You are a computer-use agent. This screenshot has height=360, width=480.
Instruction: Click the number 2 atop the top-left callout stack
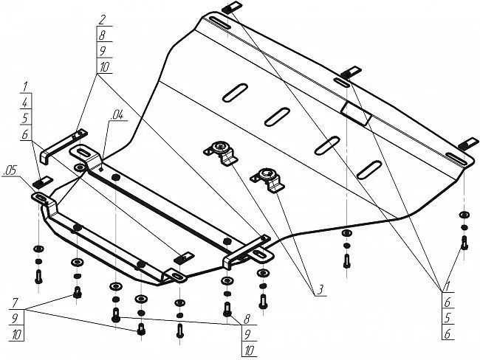pyautogui.click(x=102, y=18)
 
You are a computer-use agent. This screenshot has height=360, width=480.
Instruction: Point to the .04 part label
pyautogui.click(x=117, y=115)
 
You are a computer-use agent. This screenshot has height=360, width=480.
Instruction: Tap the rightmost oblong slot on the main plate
pyautogui.click(x=369, y=169)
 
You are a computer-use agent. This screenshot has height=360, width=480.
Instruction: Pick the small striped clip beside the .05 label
pyautogui.click(x=42, y=182)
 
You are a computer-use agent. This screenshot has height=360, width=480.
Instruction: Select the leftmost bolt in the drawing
pyautogui.click(x=38, y=277)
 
